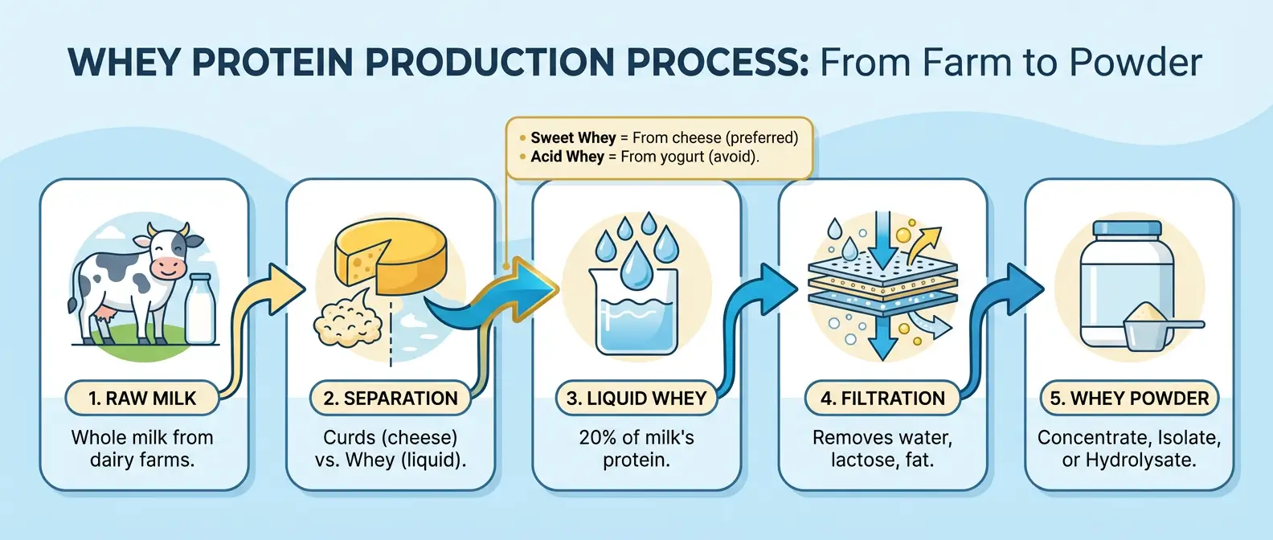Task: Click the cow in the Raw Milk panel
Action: (133, 281)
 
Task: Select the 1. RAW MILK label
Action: (142, 398)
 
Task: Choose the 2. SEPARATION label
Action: (390, 398)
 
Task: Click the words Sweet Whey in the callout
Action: (572, 137)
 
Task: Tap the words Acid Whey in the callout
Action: (567, 157)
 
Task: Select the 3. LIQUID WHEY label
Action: (636, 398)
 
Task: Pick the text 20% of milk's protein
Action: (636, 448)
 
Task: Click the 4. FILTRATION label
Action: (882, 398)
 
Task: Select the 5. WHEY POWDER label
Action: (1128, 398)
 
